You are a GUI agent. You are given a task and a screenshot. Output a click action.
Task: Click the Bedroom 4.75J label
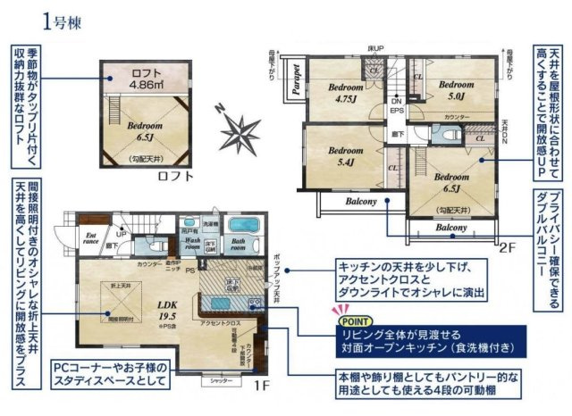click(x=344, y=94)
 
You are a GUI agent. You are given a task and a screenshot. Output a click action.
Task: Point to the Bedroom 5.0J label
click(x=453, y=89)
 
